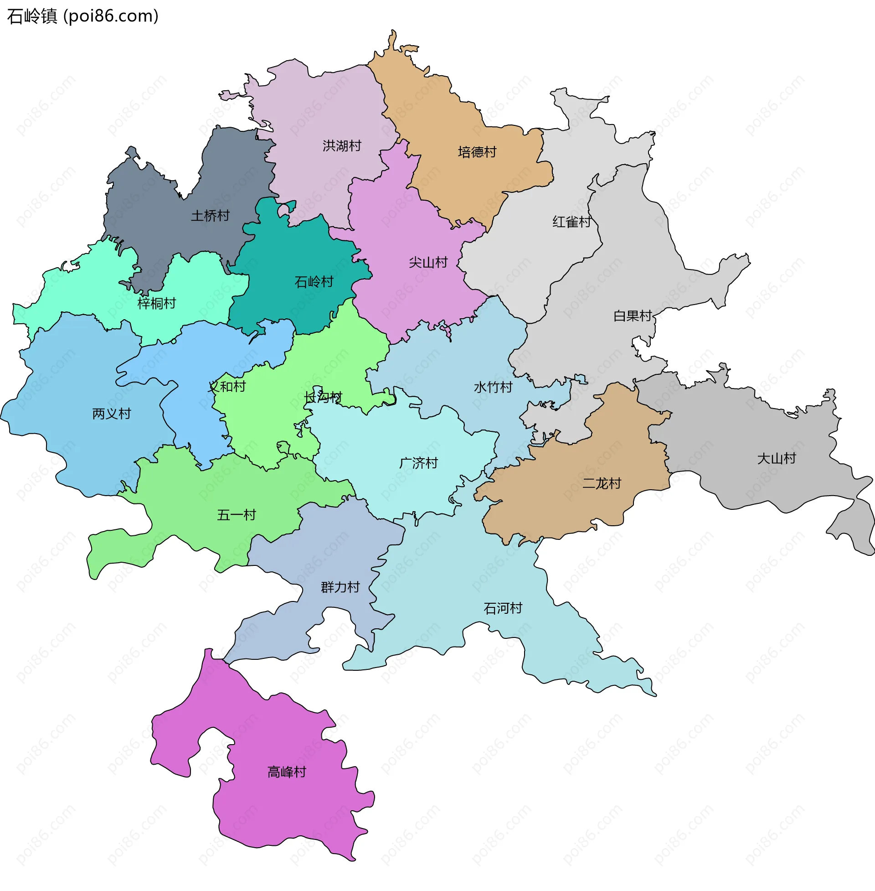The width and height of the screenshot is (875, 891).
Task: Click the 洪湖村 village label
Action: pyautogui.click(x=342, y=146)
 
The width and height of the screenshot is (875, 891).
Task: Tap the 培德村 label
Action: pyautogui.click(x=477, y=152)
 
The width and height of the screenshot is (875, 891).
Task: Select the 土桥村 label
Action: pyautogui.click(x=210, y=216)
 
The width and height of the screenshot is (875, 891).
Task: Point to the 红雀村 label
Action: pyautogui.click(x=571, y=222)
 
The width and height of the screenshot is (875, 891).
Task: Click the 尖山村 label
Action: pyautogui.click(x=428, y=263)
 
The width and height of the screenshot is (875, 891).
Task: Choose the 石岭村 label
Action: pyautogui.click(x=314, y=282)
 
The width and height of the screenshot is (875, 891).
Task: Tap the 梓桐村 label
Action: pyautogui.click(x=157, y=303)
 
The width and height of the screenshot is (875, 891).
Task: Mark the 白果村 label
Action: pyautogui.click(x=633, y=316)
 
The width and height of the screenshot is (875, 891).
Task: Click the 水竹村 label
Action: pyautogui.click(x=493, y=387)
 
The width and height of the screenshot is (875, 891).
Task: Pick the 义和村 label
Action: pyautogui.click(x=227, y=386)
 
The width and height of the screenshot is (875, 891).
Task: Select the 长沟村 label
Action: pyautogui.click(x=323, y=397)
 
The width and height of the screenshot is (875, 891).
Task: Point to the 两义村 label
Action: pyautogui.click(x=112, y=414)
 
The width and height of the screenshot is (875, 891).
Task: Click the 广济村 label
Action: pyautogui.click(x=418, y=463)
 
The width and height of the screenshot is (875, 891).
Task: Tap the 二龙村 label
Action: pyautogui.click(x=602, y=483)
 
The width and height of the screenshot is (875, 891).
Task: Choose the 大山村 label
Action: pyautogui.click(x=776, y=458)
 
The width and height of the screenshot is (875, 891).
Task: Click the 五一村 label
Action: pyautogui.click(x=236, y=515)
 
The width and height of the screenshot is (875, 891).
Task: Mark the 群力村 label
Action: pyautogui.click(x=340, y=587)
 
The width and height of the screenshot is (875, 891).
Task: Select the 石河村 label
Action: pyautogui.click(x=503, y=608)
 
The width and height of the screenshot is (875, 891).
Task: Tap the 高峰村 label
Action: pyautogui.click(x=287, y=772)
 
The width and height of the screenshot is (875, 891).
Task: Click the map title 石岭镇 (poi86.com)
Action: pyautogui.click(x=83, y=16)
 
